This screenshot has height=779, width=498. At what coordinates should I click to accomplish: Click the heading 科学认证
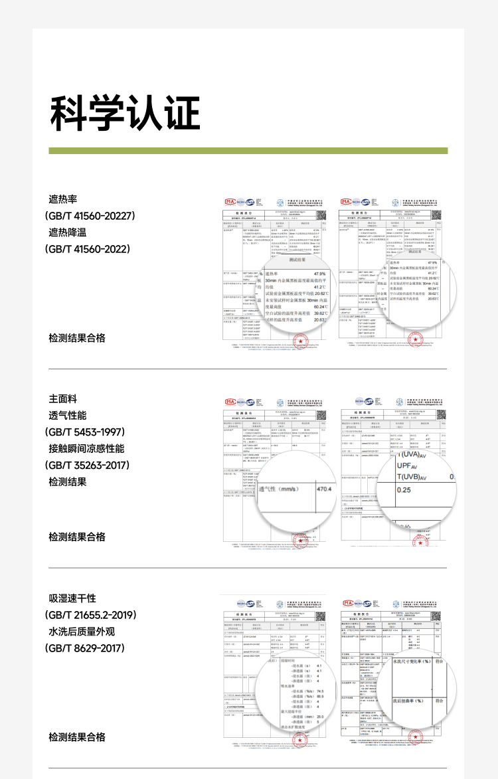(125, 113)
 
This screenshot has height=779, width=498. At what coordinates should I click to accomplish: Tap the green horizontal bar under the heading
(248, 151)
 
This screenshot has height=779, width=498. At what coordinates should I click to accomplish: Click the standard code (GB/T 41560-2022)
(87, 249)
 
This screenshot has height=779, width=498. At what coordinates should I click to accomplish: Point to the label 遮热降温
(68, 232)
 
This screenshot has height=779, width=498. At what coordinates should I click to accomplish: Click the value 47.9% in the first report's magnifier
(319, 274)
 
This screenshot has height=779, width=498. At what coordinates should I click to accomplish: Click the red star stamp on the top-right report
(416, 340)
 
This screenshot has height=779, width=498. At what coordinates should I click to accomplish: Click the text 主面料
(63, 398)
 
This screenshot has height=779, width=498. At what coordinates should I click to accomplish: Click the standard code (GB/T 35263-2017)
(87, 465)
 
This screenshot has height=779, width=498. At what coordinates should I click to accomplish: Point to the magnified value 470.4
(323, 489)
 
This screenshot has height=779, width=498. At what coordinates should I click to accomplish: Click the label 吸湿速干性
(72, 598)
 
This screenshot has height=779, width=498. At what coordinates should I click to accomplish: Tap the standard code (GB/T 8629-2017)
(84, 648)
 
